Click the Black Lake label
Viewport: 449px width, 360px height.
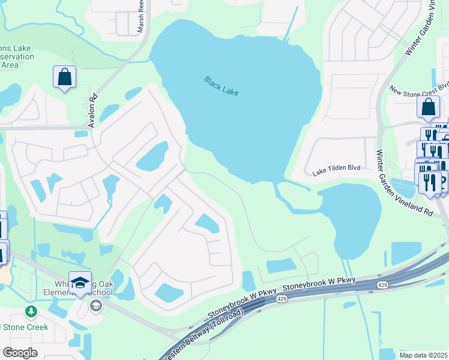click(x=221, y=86)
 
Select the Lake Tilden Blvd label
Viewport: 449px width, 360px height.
click(x=336, y=169)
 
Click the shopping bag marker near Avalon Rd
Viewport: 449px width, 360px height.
click(x=65, y=77)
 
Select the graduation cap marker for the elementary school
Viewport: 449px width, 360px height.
click(x=80, y=283)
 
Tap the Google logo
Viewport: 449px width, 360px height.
click(x=20, y=353)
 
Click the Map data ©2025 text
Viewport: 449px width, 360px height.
click(x=423, y=355)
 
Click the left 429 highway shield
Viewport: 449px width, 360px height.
click(x=282, y=298)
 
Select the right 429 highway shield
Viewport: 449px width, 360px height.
click(x=382, y=284)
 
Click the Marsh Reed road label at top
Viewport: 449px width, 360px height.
click(x=142, y=18)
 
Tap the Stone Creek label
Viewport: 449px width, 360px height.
click(x=27, y=327)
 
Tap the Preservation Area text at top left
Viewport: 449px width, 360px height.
click(x=15, y=61)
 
